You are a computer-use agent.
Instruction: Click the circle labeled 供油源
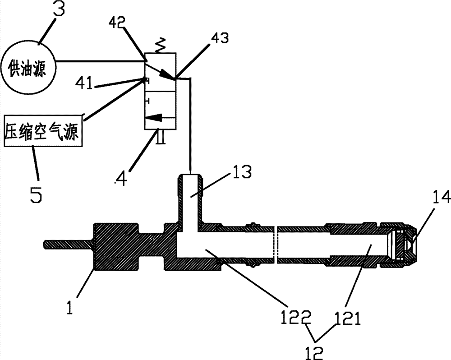tap(28, 68)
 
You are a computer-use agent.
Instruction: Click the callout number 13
tap(242, 172)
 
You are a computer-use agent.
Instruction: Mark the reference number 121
tap(347, 318)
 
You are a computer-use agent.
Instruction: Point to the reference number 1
tap(69, 306)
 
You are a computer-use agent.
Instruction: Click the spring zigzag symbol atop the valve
tap(161, 45)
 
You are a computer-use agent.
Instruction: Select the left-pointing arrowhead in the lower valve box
tap(152, 117)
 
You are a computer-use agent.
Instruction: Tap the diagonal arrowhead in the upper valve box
tap(167, 75)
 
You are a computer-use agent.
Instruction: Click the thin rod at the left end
tap(69, 245)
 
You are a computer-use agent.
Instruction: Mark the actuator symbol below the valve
tap(161, 136)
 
